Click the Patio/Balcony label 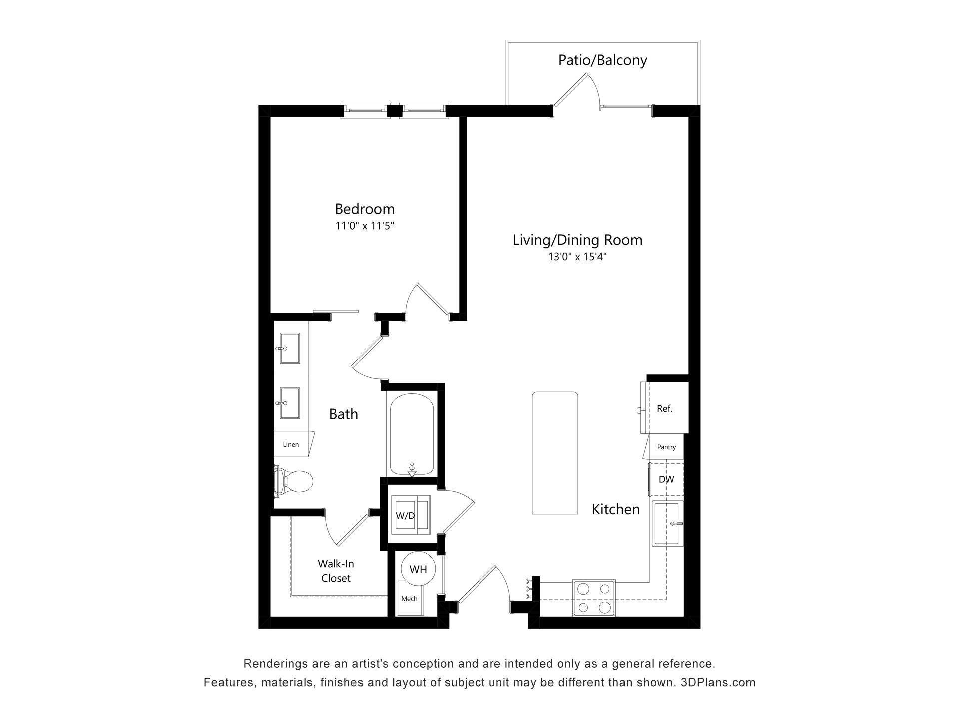(x=602, y=60)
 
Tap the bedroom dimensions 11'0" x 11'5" (x=365, y=226)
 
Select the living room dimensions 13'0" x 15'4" (x=577, y=257)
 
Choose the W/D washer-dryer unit (x=410, y=515)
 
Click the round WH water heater (x=418, y=569)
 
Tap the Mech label (x=409, y=599)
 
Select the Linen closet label (x=291, y=444)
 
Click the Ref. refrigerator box (x=665, y=408)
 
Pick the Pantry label (x=666, y=447)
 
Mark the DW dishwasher (x=666, y=479)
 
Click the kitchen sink (x=667, y=523)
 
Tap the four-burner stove (x=594, y=597)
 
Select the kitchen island (x=555, y=453)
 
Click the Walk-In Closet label (x=336, y=571)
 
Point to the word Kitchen (x=616, y=509)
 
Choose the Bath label (x=344, y=414)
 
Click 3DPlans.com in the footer (x=718, y=682)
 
